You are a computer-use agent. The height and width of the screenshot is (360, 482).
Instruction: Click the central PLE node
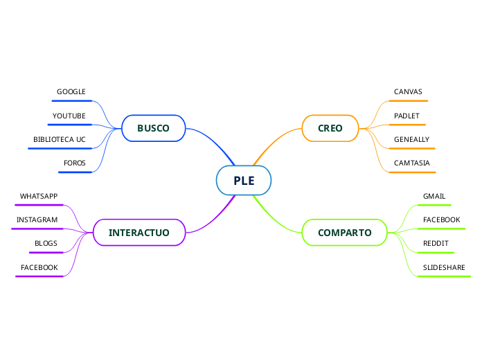(x=244, y=181)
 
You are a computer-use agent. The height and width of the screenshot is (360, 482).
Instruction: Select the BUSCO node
(x=153, y=128)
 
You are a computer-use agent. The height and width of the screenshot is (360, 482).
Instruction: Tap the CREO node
(x=330, y=128)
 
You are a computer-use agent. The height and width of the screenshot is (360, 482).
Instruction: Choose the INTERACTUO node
(x=139, y=233)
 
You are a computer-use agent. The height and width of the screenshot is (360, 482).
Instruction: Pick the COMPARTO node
(x=344, y=233)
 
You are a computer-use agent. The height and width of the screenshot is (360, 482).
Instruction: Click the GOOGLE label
(x=71, y=92)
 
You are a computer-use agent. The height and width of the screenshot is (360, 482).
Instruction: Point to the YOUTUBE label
(x=69, y=116)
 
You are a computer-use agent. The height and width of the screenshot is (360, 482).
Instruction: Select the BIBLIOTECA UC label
(x=60, y=139)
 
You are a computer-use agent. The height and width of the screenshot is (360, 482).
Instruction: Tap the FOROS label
(x=74, y=163)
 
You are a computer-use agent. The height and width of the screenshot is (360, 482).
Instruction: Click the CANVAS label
(x=408, y=92)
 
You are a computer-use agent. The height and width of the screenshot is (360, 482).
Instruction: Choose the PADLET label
(x=407, y=116)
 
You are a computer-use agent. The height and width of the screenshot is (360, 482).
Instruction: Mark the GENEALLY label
(x=411, y=139)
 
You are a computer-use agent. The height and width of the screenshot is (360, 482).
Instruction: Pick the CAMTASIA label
(x=411, y=163)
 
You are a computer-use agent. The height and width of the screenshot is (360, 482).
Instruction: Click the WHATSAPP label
(x=39, y=197)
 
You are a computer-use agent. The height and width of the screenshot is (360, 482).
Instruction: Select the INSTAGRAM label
(x=37, y=220)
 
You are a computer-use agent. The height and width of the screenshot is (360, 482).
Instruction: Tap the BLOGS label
(x=46, y=244)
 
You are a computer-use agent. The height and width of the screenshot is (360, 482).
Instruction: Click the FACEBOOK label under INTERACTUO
(x=39, y=267)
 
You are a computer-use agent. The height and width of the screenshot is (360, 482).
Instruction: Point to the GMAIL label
(x=434, y=197)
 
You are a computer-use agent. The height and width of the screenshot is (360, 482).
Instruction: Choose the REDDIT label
(x=436, y=244)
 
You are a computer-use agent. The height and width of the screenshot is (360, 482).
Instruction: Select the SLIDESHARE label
(x=444, y=267)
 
